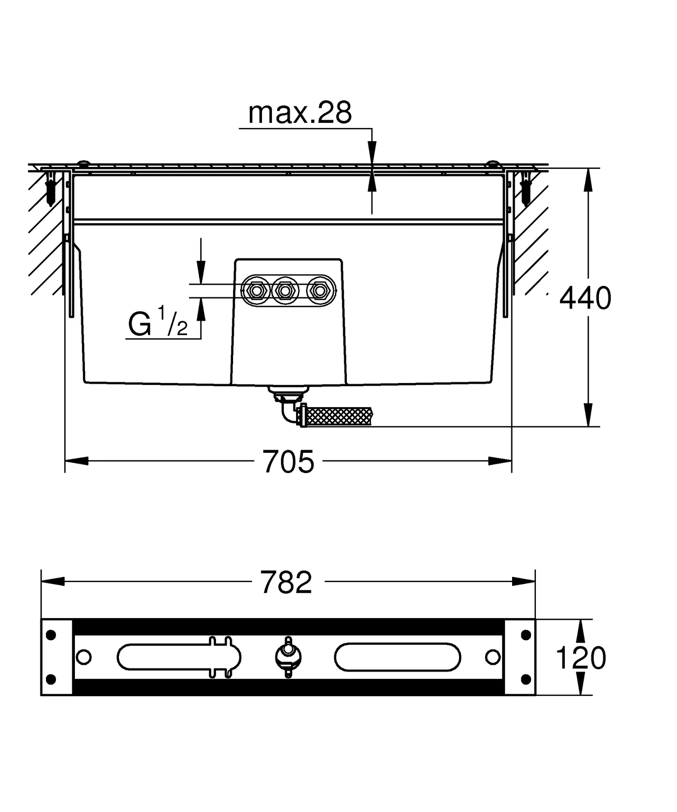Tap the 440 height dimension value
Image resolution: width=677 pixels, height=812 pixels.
pos(585,298)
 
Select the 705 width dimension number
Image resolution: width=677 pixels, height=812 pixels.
pos(288,462)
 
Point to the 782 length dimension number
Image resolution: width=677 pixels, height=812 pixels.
pos(286,582)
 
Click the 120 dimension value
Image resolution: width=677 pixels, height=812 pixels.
pos(581,658)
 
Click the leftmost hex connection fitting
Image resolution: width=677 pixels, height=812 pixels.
pos(256,291)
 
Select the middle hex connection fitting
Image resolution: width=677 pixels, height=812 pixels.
pos(284,291)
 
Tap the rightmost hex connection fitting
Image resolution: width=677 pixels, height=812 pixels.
pos(319,291)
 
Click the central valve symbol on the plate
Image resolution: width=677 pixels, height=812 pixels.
pos(288,657)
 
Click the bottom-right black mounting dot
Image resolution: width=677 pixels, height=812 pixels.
pos(526,680)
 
